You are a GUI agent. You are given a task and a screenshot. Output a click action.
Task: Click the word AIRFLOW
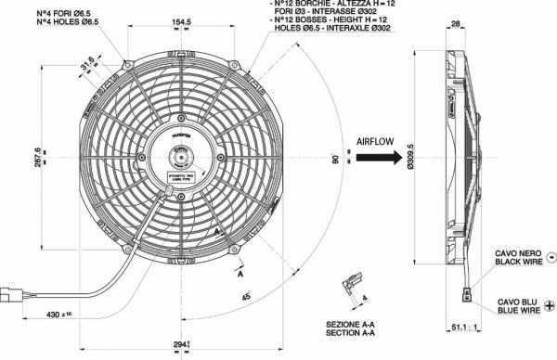tap(376, 142)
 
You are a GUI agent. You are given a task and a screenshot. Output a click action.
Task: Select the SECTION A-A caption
tap(351, 331)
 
